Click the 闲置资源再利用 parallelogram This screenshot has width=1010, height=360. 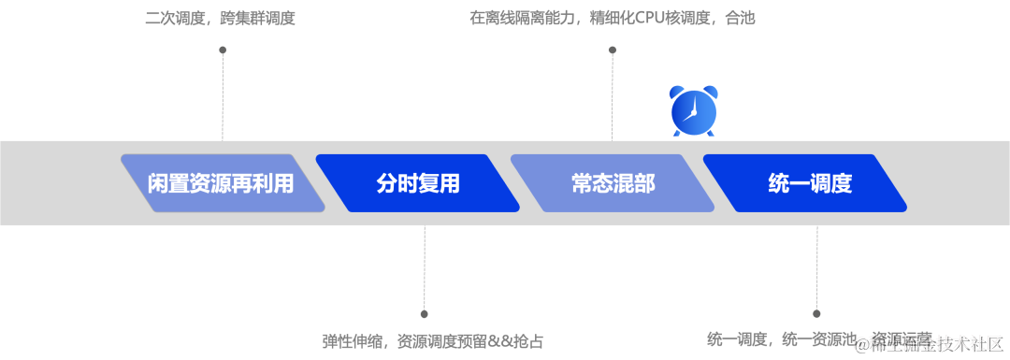222,183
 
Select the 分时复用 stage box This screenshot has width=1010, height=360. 418,183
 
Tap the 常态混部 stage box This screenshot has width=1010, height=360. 613,183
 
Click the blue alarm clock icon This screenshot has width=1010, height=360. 694,110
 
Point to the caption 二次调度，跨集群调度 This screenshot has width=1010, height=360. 221,18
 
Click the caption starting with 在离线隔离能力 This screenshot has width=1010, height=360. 612,18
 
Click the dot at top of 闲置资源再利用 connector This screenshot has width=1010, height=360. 223,50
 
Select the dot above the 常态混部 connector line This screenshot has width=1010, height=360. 613,50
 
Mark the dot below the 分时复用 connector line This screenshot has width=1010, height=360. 424,314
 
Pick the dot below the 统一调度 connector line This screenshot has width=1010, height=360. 816,314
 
